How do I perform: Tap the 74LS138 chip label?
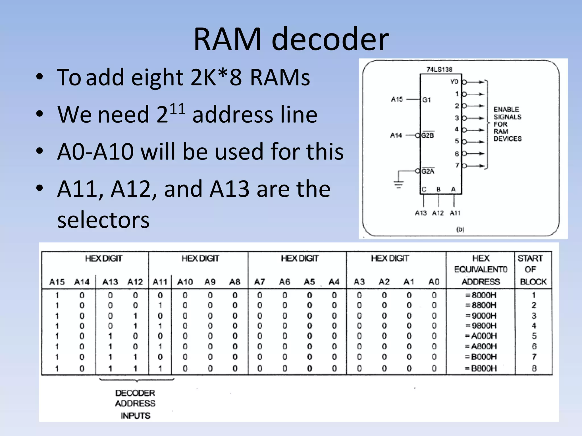439,70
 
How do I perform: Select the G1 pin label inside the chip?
426,100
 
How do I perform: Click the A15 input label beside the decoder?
397,99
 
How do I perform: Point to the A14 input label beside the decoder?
396,135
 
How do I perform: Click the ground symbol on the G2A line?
398,185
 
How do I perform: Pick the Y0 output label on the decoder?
454,82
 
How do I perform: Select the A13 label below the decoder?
421,213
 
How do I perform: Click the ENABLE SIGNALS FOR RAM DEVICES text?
507,124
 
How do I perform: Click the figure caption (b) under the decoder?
460,229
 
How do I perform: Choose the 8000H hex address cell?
481,295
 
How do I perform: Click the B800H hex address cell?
481,368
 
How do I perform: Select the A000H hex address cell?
481,336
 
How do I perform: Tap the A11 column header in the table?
160,282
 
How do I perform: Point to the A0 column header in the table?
434,282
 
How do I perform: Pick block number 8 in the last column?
534,368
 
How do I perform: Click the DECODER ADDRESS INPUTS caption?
135,404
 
